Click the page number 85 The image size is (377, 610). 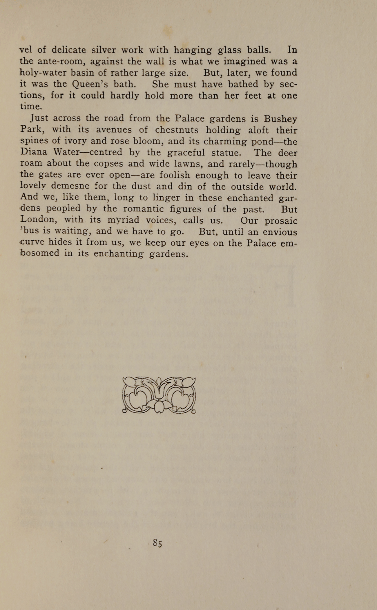157,543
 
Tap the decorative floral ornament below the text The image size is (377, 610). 159,395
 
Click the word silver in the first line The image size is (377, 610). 103,50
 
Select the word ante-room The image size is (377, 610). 61,61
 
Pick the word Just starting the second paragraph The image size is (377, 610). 39,118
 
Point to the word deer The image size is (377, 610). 288,153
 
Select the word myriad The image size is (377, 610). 123,220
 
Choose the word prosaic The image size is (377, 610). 281,221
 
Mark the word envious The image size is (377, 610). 280,232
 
